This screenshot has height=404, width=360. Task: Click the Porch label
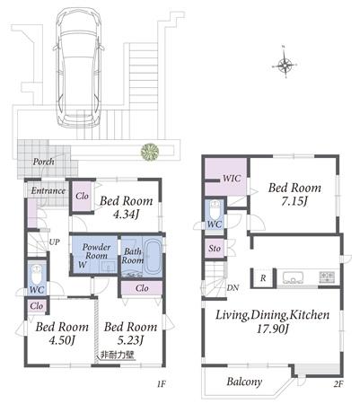[45, 162]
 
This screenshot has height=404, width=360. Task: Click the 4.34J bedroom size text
[126, 215]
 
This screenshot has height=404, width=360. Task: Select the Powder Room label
[97, 251]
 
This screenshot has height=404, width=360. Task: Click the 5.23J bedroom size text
[131, 340]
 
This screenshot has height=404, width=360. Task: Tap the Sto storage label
[215, 249]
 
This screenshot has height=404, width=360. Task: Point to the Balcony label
[242, 382]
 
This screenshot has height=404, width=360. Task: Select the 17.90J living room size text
[272, 330]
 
